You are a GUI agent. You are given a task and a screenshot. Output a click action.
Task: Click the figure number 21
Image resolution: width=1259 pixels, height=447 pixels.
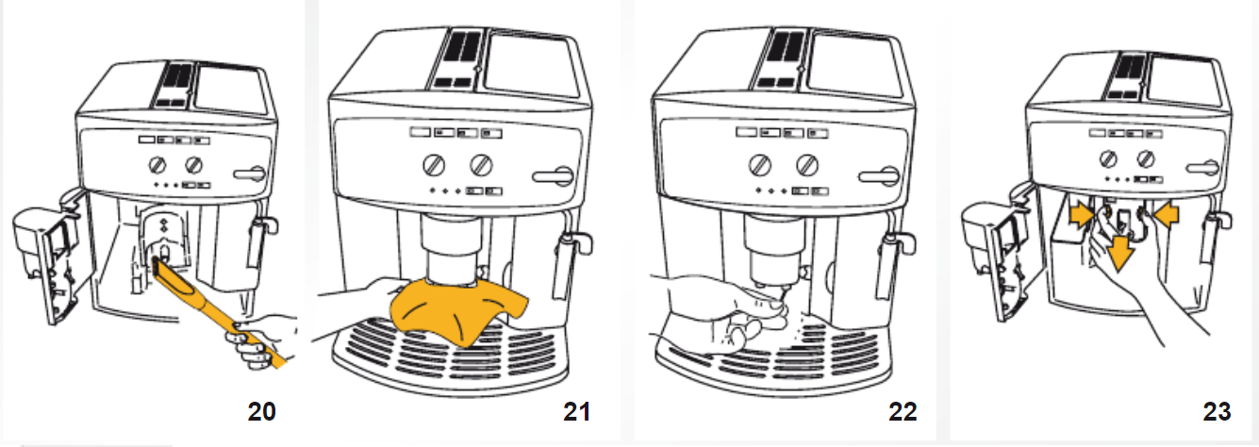coord(575,412)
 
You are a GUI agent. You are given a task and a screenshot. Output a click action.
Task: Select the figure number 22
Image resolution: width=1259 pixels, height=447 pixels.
coord(902,412)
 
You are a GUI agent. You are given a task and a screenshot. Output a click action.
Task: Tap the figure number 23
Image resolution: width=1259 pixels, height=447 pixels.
coord(1217,412)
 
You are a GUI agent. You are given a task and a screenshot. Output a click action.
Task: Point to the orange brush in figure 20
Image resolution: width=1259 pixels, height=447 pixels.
coord(203,302)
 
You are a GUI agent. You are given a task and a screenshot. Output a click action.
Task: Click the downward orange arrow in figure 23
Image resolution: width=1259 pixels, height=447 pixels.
coord(1119,251)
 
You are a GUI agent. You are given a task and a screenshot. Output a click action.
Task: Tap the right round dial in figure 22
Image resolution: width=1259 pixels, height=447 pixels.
coord(806,165)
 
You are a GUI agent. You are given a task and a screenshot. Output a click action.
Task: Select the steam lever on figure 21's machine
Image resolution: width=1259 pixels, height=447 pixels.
coord(554,175)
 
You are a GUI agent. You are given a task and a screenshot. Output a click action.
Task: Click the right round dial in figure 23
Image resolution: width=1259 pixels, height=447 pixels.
coord(1147,157)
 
